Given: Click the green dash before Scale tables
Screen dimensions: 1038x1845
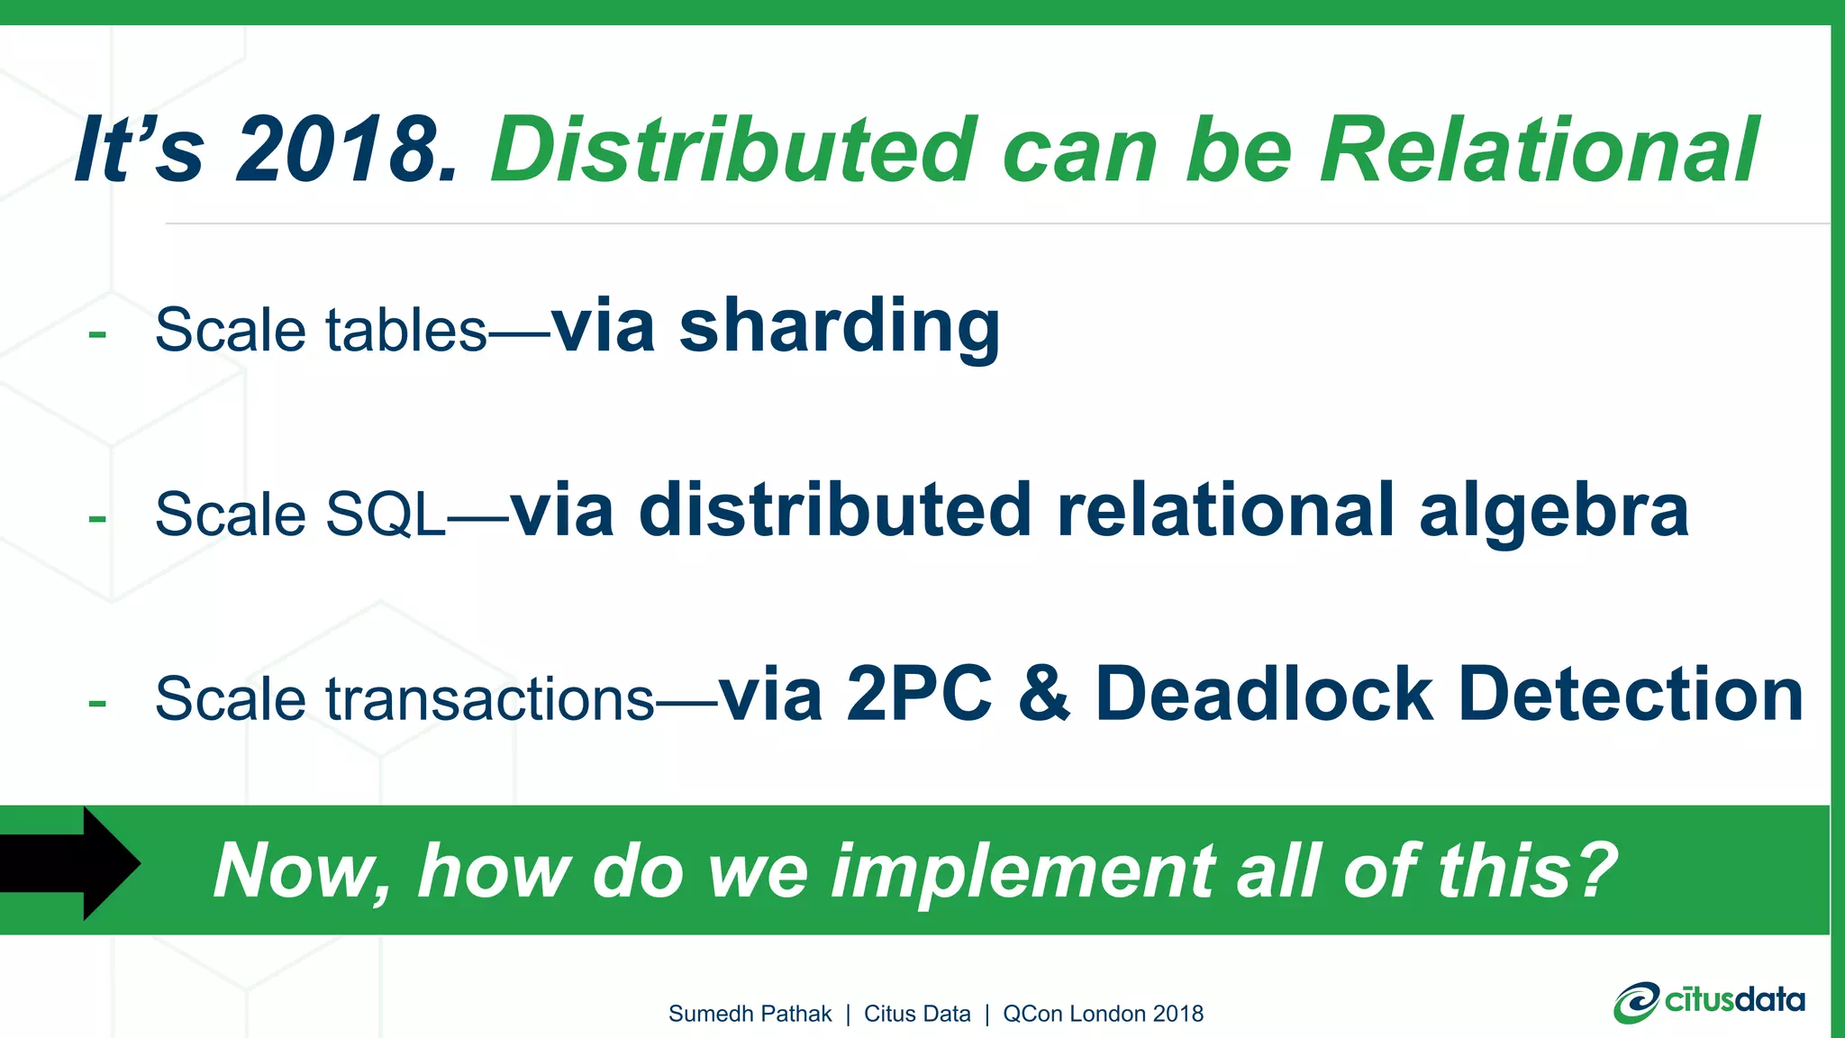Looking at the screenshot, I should [x=97, y=334].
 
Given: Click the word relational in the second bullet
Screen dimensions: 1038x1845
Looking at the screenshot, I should [x=1225, y=510].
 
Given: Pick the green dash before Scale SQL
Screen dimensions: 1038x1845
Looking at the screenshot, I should [x=97, y=519].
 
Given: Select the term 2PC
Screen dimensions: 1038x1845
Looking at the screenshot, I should [x=919, y=695].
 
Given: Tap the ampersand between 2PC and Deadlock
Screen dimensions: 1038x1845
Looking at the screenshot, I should [x=1044, y=695].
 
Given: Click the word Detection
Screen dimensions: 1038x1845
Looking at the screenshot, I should [x=1631, y=695].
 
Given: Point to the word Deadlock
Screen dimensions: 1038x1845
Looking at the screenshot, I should [x=1263, y=695].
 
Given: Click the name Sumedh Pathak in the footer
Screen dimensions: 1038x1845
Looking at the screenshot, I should [x=750, y=1014].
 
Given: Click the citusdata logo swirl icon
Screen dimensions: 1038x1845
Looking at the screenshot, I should [x=1635, y=1003].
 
